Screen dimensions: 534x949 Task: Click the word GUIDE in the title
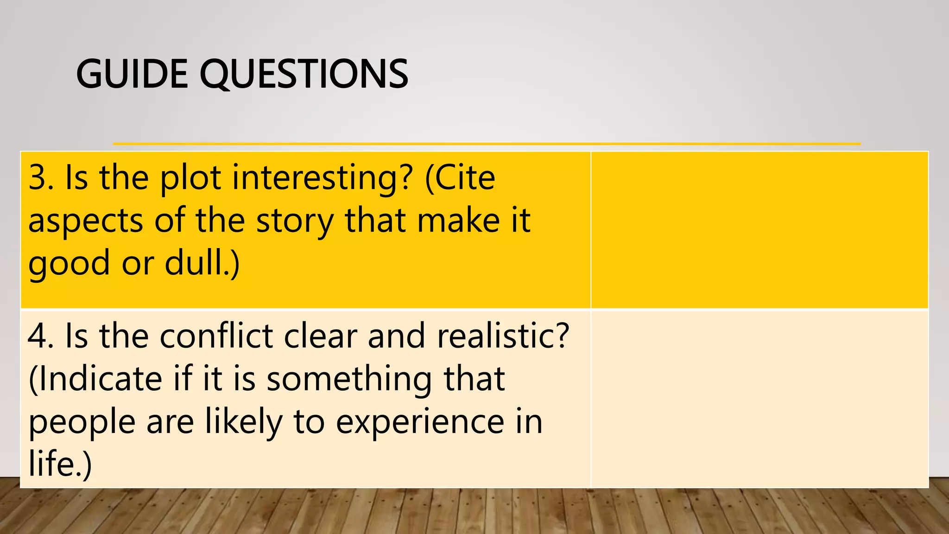pyautogui.click(x=132, y=74)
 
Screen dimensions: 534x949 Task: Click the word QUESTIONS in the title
pyautogui.click(x=304, y=74)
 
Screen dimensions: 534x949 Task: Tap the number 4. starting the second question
pyautogui.click(x=41, y=336)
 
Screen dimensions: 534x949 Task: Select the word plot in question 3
pyautogui.click(x=190, y=178)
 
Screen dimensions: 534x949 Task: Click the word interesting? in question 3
pyautogui.click(x=322, y=178)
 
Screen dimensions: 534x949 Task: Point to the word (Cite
pyautogui.click(x=460, y=178)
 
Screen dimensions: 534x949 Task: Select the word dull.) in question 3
pyautogui.click(x=202, y=263)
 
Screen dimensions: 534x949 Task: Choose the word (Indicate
pyautogui.click(x=95, y=379)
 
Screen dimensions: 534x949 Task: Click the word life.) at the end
pyautogui.click(x=60, y=464)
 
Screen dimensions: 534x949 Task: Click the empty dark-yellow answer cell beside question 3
pyautogui.click(x=759, y=229)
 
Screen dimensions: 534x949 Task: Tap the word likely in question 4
pyautogui.click(x=244, y=422)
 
